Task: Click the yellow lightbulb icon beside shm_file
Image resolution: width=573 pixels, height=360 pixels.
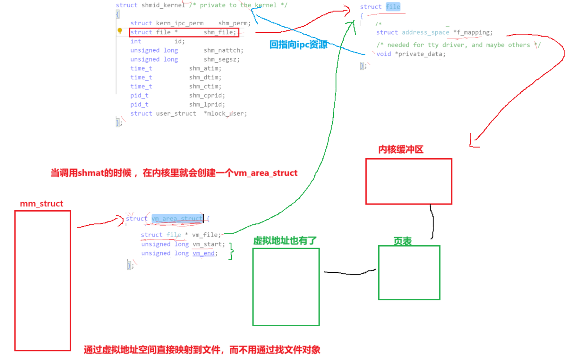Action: coord(120,31)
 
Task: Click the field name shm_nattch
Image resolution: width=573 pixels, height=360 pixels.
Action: coord(223,50)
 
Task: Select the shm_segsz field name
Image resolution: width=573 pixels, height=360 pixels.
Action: coord(221,59)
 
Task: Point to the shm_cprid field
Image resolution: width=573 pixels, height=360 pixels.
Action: coord(207,96)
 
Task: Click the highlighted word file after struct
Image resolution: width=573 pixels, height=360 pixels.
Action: coord(393,7)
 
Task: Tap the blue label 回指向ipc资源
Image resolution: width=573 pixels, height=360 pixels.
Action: coord(298,45)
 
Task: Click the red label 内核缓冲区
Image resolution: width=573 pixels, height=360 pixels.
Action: coord(401,149)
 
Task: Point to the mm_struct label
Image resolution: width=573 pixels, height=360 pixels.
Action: coord(41,204)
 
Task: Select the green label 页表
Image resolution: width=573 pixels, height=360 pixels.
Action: coord(402,241)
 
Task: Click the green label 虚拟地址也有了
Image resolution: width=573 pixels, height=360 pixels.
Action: coord(285,240)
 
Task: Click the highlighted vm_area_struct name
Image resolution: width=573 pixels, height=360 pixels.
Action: coord(177,219)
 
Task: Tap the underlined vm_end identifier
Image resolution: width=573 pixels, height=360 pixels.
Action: coord(203,253)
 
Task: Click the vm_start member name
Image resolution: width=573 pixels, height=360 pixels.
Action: coord(209,244)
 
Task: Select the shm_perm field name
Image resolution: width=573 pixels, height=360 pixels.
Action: coord(234,23)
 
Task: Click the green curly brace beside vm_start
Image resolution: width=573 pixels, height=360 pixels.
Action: coord(231,251)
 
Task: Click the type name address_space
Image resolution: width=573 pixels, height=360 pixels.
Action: coord(425,32)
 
